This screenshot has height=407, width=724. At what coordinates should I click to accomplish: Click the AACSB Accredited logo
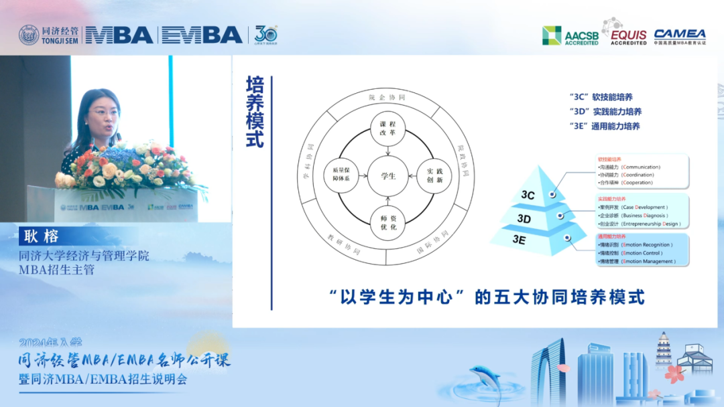coord(570,35)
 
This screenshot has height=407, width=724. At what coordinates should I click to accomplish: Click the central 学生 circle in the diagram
coord(388,176)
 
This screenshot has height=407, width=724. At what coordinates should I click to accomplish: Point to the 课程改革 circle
coord(388,129)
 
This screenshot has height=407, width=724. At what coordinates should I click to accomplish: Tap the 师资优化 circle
coord(388,222)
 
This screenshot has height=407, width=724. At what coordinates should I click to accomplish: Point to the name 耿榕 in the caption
coord(42,236)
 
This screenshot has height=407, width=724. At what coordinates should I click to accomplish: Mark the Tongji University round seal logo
coord(29,35)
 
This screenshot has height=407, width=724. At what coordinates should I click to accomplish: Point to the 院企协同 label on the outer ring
coord(387,98)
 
